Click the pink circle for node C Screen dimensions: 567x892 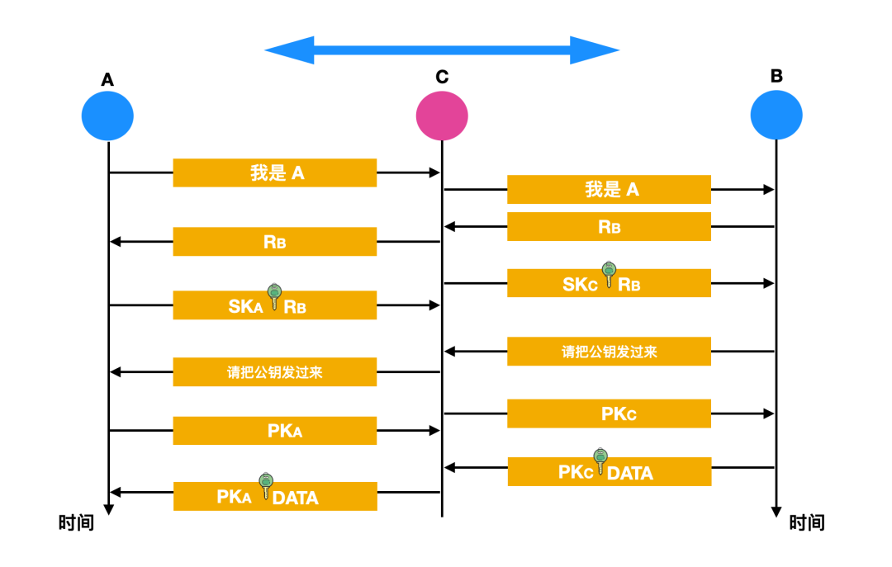[x=442, y=115]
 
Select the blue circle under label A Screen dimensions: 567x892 [x=107, y=115]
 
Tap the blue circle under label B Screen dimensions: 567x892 [x=776, y=115]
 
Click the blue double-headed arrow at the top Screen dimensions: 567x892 [x=442, y=50]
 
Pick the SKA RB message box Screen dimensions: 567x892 [x=274, y=305]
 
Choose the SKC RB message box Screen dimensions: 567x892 [x=609, y=283]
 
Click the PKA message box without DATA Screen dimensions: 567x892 [x=274, y=430]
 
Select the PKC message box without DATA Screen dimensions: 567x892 [x=609, y=413]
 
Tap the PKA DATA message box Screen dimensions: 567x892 [x=274, y=496]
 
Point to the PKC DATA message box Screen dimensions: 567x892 [x=609, y=471]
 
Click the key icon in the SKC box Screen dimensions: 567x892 [x=609, y=274]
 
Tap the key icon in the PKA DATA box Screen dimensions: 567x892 [x=265, y=486]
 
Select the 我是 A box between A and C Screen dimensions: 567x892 [x=274, y=172]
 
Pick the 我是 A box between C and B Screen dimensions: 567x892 [x=609, y=189]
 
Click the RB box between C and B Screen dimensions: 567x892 [x=609, y=226]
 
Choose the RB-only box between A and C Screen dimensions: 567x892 [x=274, y=241]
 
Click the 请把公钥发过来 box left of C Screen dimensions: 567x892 [x=274, y=372]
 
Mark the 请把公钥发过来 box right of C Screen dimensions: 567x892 [x=609, y=352]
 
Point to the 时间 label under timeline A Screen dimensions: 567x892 [x=76, y=523]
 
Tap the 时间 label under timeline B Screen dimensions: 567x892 [x=806, y=523]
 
